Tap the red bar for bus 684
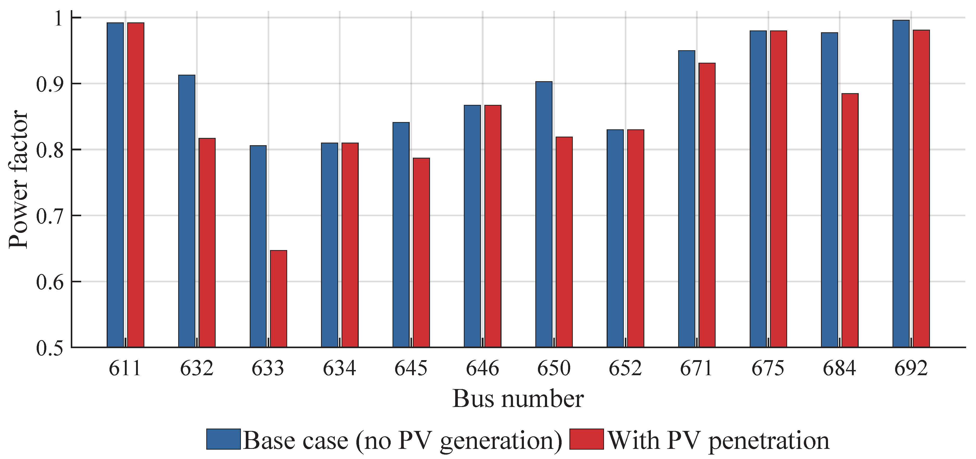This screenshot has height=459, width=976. [850, 220]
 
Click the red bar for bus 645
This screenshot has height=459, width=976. [421, 252]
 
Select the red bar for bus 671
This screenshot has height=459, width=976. [707, 205]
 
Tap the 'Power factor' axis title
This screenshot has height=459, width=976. [18, 179]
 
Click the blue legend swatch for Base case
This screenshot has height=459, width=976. [223, 439]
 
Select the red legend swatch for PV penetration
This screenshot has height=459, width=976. [587, 439]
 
